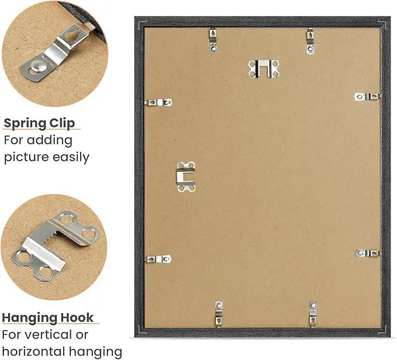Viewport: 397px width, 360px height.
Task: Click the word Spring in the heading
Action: click(x=25, y=124)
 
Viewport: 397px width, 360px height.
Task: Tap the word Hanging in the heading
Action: click(x=27, y=318)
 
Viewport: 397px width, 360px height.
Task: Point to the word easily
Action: click(x=71, y=157)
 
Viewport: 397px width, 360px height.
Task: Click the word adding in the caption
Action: click(x=50, y=140)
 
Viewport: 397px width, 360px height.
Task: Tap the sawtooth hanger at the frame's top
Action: click(x=264, y=69)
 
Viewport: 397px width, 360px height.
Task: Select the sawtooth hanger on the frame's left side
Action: click(x=186, y=176)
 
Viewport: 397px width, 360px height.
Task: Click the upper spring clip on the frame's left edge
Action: click(x=159, y=102)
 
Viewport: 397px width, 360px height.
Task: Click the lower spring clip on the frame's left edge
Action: click(x=159, y=259)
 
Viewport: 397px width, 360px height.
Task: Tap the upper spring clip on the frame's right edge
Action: click(x=367, y=96)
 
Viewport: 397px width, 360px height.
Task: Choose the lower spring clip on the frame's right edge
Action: click(x=368, y=253)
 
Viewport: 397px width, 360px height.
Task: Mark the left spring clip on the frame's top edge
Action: click(x=213, y=40)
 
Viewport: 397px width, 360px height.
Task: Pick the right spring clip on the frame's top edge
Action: click(x=310, y=41)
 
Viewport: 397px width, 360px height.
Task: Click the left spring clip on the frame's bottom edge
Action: click(x=219, y=313)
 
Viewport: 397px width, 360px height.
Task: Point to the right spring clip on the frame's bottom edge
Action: click(x=313, y=314)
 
